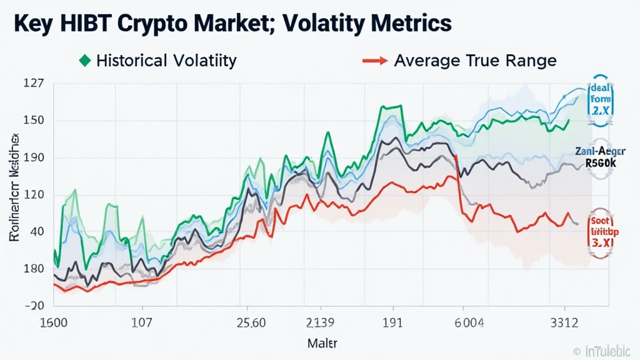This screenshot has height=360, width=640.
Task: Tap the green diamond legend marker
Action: point(86,61)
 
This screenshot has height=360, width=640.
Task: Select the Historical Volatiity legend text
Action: point(166,61)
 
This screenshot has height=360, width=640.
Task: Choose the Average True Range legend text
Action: point(475,61)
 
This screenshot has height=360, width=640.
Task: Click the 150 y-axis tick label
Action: point(33,121)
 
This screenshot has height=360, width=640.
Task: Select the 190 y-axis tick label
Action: point(33,157)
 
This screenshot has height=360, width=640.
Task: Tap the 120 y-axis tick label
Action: point(33,194)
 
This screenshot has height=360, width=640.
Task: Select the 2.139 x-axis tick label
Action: point(320,324)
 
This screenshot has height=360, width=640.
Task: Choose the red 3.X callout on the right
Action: point(601,241)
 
